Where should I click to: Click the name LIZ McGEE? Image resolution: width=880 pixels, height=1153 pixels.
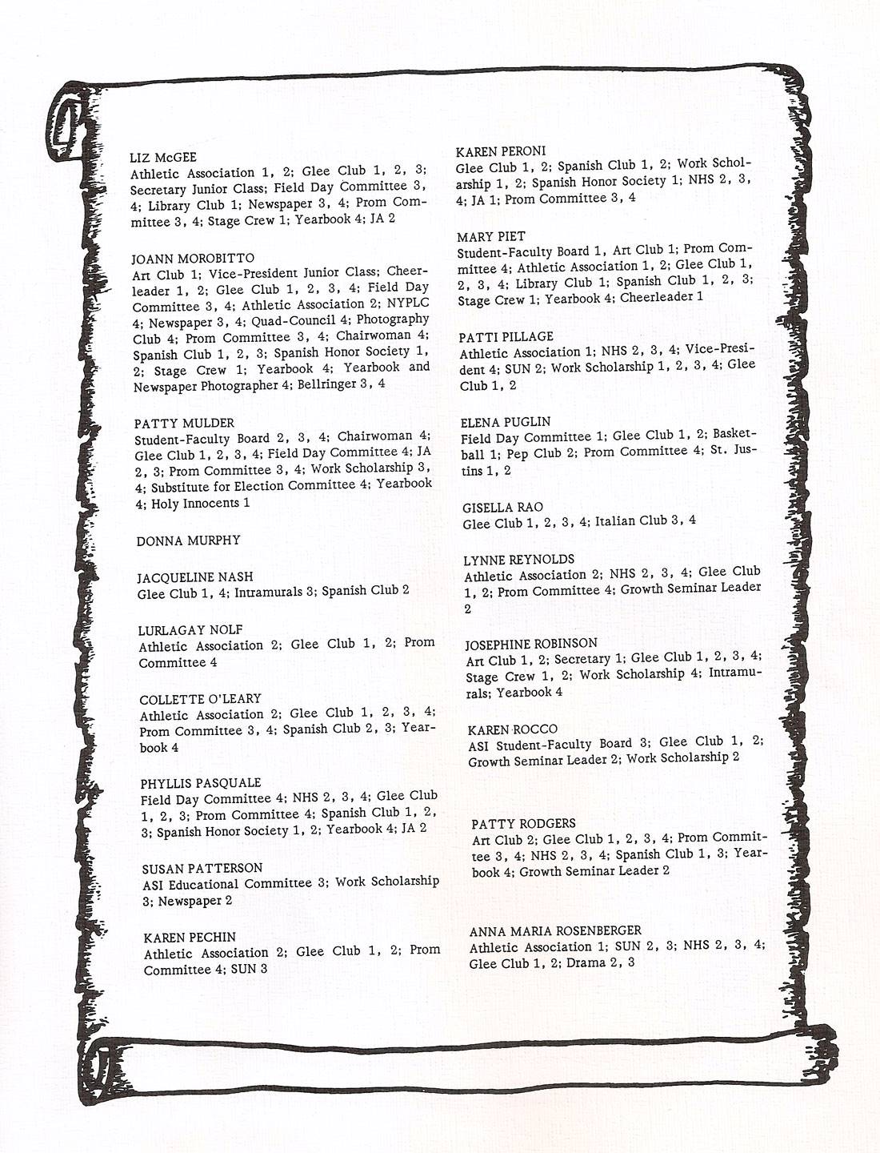(x=162, y=158)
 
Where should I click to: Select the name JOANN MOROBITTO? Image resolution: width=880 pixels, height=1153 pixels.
(x=193, y=259)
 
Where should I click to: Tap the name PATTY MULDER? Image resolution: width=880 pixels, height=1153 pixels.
(x=184, y=423)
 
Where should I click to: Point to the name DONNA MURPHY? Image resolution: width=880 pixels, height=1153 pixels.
(x=188, y=540)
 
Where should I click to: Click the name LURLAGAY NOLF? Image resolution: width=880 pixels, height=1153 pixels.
(x=190, y=630)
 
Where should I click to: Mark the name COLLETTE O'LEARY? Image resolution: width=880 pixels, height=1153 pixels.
(x=200, y=699)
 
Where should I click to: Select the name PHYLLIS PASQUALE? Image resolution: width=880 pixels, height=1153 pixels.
(x=201, y=783)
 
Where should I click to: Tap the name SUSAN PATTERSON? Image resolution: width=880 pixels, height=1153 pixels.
(x=202, y=868)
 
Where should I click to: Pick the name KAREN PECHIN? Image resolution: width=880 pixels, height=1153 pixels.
(x=190, y=937)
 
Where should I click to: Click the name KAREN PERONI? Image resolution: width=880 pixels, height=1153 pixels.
(x=500, y=151)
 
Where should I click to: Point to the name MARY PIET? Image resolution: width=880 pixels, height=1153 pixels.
(x=491, y=237)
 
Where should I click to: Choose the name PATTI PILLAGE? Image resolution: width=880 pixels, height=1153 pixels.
(x=506, y=337)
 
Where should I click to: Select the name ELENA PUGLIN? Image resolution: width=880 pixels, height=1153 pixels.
(x=506, y=422)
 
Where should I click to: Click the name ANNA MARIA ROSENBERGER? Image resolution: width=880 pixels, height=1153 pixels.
(x=555, y=931)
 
